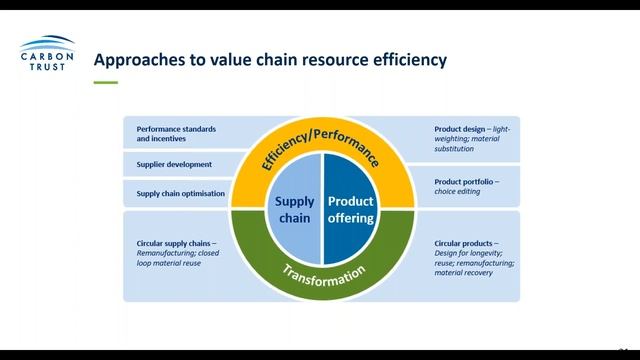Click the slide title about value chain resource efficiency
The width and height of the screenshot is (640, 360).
point(269,61)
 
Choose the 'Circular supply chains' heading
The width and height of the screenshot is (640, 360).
point(175,243)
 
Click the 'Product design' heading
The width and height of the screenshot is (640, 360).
point(458,129)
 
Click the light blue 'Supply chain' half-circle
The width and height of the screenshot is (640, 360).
point(295,209)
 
